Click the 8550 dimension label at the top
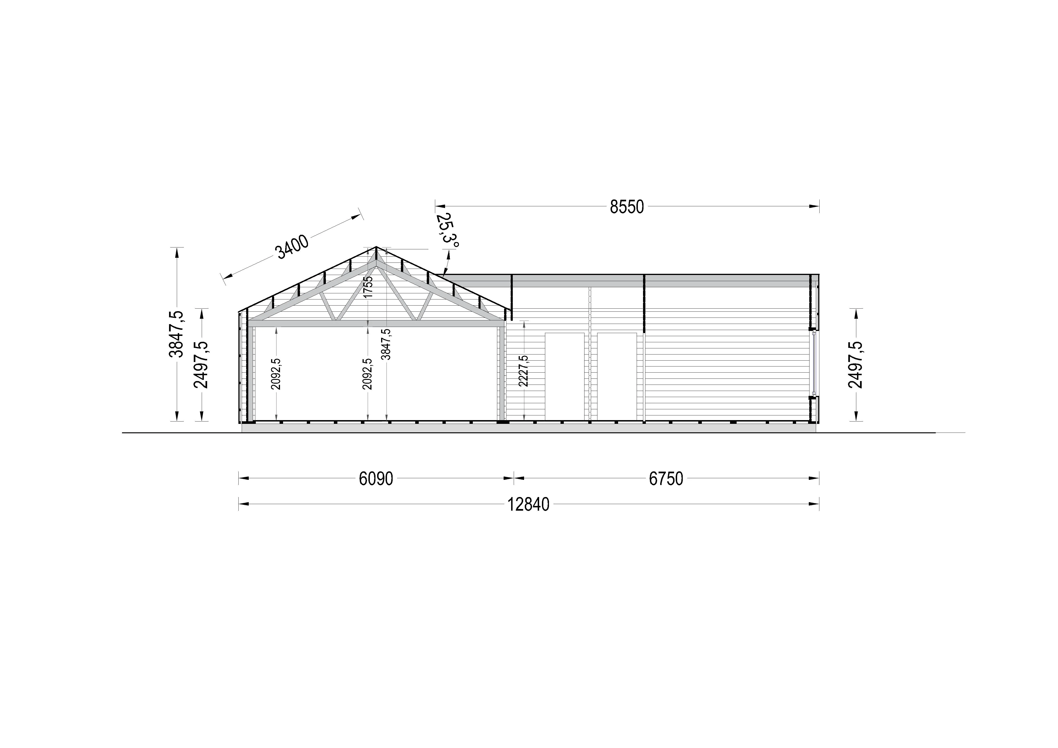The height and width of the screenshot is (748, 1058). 627,207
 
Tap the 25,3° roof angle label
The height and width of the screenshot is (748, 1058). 447,231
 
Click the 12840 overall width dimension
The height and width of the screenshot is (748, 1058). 529,505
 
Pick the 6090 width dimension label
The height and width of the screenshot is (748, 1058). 376,479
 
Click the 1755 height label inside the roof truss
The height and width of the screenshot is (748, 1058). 368,287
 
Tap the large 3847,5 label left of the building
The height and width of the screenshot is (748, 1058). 177,334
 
